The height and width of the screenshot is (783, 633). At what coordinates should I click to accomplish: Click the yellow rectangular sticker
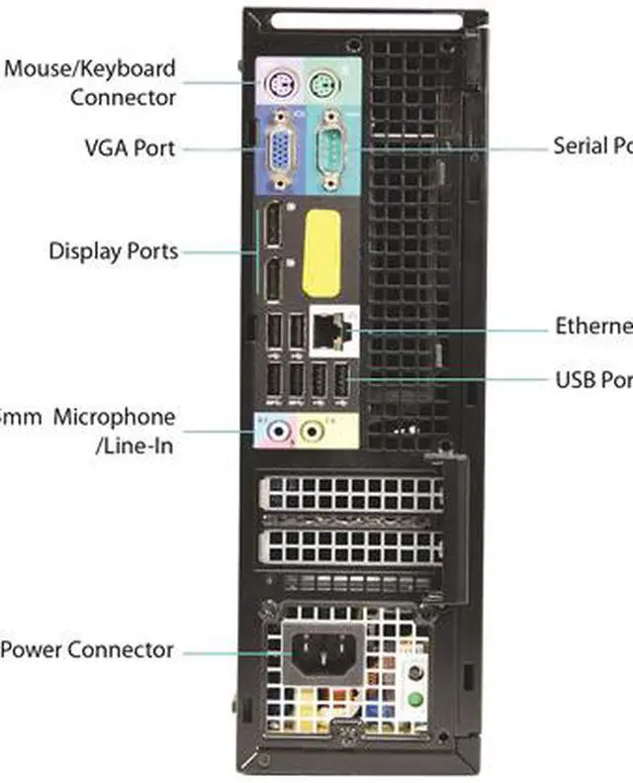coord(321,252)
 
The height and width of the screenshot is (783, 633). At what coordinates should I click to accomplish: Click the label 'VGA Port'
coord(130,148)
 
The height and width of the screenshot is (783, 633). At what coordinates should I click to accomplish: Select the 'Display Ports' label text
coord(114,250)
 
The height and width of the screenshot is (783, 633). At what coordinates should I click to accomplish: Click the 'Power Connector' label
coord(87,650)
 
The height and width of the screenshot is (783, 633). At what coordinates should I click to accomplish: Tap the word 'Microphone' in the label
coord(114,418)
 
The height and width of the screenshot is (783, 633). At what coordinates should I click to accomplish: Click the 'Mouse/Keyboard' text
coord(90,69)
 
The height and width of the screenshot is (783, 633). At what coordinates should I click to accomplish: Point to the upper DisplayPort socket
coord(273,227)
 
